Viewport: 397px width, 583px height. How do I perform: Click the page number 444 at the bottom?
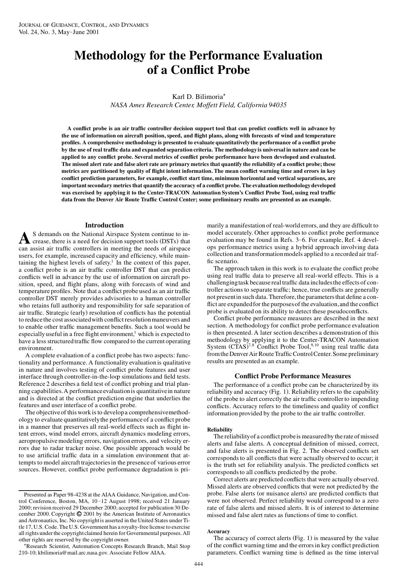coord(198,564)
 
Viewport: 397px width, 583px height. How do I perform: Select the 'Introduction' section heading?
coord(104,225)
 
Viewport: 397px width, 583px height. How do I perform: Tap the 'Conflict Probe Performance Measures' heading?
coord(293,376)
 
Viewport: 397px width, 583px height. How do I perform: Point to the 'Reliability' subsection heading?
coord(220,430)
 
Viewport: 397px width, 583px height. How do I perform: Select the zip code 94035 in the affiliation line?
coord(277,105)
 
